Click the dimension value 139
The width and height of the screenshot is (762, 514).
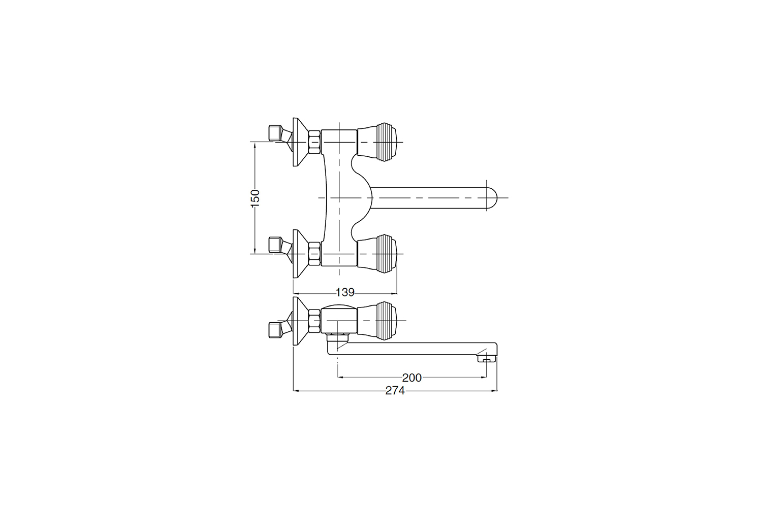click(x=345, y=292)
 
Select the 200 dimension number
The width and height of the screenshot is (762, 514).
click(x=411, y=378)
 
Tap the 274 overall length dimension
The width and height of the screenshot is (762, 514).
click(x=395, y=391)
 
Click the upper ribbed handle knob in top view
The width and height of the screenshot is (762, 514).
click(x=377, y=142)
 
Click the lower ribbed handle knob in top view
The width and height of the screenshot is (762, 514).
click(x=377, y=253)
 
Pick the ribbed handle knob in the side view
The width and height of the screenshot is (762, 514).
click(x=377, y=320)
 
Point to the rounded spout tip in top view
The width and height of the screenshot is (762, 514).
click(x=492, y=198)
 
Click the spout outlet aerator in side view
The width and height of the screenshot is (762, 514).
click(x=486, y=358)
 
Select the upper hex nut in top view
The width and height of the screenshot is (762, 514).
click(x=314, y=142)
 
